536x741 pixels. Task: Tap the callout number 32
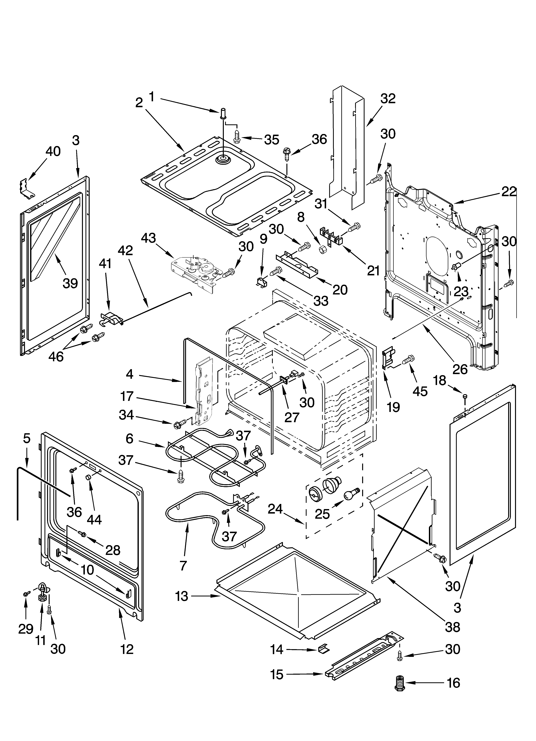tap(388, 98)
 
